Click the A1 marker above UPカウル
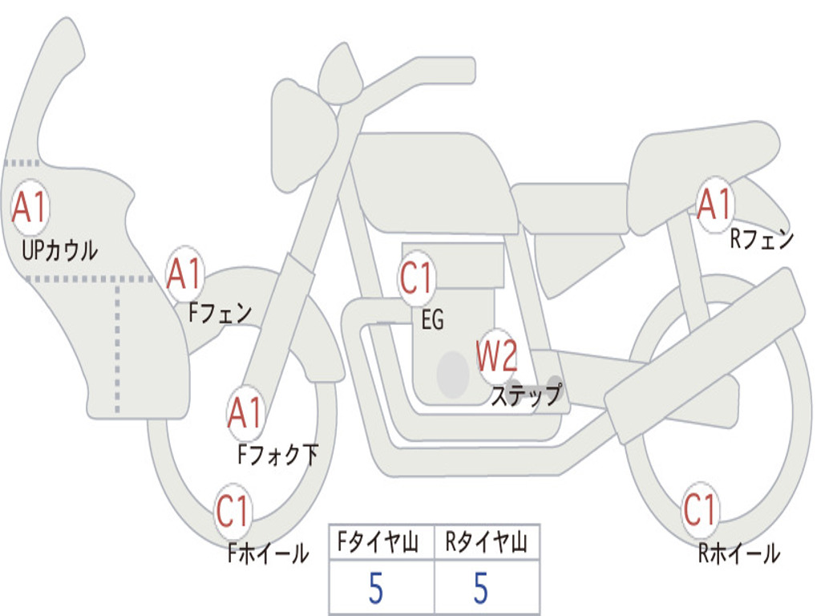tap(30, 207)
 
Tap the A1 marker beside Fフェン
tap(184, 273)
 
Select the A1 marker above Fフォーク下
tap(245, 413)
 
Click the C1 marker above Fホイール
tap(233, 510)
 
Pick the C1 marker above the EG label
tap(416, 278)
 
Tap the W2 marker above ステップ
tap(497, 356)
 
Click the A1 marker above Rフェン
tap(714, 205)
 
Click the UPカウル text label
tap(59, 250)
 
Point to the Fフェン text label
tap(220, 313)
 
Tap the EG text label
tap(432, 319)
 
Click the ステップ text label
tap(526, 394)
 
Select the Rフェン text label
tap(762, 239)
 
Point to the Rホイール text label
tap(738, 553)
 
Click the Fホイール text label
tap(268, 553)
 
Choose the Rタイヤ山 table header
tap(487, 542)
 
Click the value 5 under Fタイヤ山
tap(376, 588)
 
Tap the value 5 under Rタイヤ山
tap(481, 588)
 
